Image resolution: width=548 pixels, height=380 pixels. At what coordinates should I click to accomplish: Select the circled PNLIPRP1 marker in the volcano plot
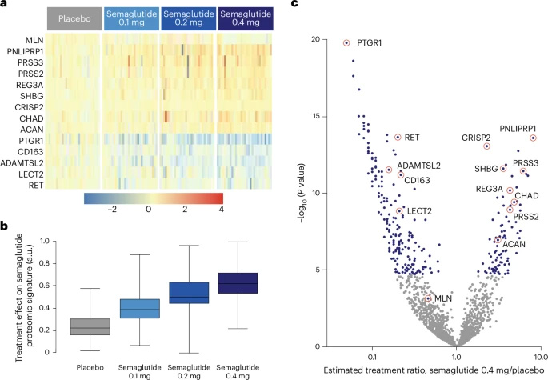533,138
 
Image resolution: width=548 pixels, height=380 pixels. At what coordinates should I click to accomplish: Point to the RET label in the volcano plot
413,137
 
